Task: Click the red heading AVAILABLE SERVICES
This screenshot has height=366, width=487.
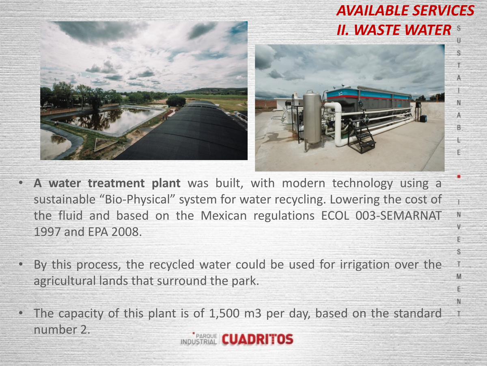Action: click(405, 11)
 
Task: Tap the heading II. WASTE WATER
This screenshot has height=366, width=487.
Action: click(394, 30)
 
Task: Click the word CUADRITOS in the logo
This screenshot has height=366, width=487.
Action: click(258, 339)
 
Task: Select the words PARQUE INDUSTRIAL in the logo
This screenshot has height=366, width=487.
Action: click(199, 339)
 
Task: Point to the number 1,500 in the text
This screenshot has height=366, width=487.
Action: click(224, 313)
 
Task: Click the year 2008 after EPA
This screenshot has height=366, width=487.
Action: click(126, 232)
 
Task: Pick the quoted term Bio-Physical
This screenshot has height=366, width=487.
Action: click(136, 200)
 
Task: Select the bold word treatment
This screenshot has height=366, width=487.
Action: click(116, 183)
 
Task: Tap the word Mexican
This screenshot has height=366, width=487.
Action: click(224, 216)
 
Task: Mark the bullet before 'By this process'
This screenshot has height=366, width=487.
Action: click(21, 264)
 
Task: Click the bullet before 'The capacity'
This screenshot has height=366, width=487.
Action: click(21, 313)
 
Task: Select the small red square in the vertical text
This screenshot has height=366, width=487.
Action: click(459, 176)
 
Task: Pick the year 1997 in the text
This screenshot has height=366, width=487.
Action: click(47, 232)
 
